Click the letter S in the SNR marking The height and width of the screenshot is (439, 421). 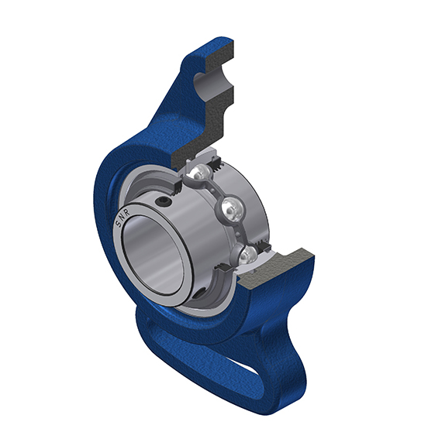(118, 224)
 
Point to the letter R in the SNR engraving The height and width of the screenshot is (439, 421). (126, 212)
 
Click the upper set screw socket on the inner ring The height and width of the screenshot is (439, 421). (163, 201)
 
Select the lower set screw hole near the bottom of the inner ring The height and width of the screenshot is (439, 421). (199, 293)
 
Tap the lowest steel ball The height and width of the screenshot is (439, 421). (247, 255)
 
